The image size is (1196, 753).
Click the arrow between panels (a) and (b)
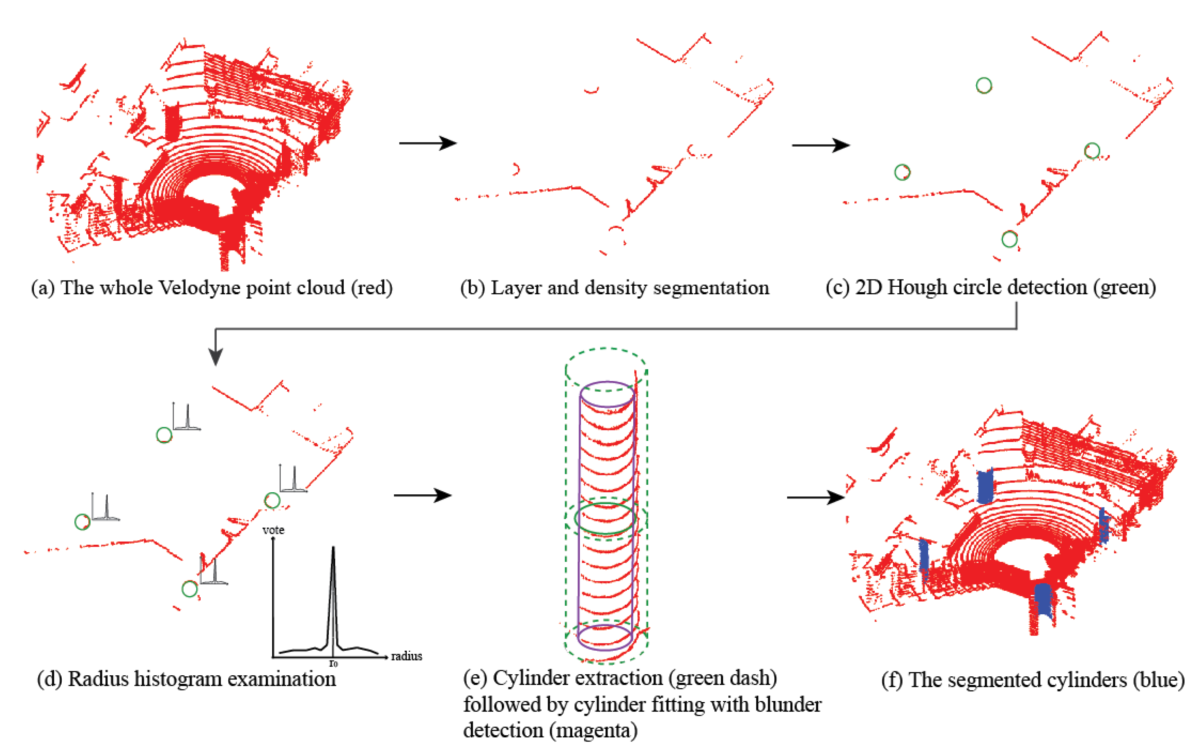point(427,143)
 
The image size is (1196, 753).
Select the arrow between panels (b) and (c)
point(820,145)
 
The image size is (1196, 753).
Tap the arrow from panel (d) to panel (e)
point(422,495)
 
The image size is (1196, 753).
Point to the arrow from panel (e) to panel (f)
point(816,497)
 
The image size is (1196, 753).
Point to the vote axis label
point(273,530)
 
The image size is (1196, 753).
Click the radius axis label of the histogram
point(406,656)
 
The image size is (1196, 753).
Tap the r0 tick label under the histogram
point(333,664)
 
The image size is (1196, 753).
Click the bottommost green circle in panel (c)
point(1009,239)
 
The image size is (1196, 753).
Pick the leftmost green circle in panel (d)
point(82,521)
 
